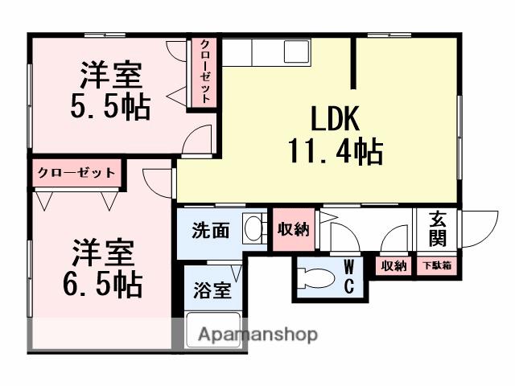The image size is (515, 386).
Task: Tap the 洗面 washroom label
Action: coord(211,230)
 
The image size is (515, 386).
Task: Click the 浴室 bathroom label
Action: coord(212,290)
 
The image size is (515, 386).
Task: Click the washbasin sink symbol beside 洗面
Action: coord(255,229)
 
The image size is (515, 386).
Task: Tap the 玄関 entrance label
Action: coord(438,229)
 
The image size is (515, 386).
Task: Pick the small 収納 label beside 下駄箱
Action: coord(393,266)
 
